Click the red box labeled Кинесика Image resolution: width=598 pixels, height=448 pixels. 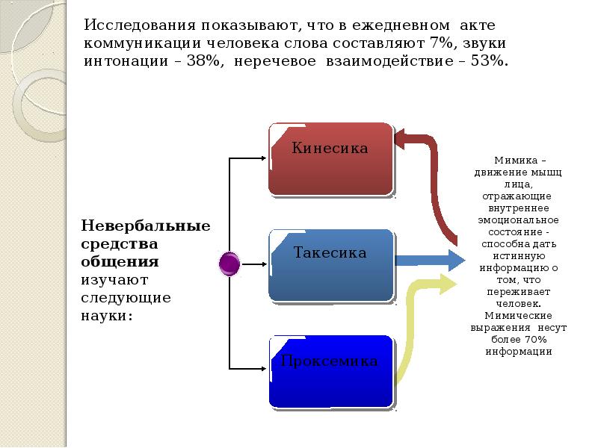tap(331, 159)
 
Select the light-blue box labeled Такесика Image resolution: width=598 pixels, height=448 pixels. tap(331, 266)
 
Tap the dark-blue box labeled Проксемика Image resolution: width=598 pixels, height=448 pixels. tap(331, 372)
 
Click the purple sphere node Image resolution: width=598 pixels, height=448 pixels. tap(229, 264)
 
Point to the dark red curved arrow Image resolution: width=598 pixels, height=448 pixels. tap(436, 179)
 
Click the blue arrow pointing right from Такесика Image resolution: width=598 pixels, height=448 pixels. tap(431, 261)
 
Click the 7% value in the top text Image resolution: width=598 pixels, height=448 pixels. tap(442, 43)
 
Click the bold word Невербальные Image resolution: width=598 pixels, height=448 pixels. tap(146, 226)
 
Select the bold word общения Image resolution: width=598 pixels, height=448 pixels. tap(120, 262)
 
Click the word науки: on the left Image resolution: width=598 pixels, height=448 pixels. tap(107, 316)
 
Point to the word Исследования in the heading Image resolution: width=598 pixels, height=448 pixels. tap(140, 25)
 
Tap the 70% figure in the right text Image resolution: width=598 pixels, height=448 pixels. tap(535, 340)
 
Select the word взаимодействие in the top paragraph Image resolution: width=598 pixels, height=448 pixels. tap(389, 61)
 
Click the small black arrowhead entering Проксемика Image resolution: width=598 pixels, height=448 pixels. tap(264, 368)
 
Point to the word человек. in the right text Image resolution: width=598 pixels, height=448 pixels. tap(518, 304)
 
